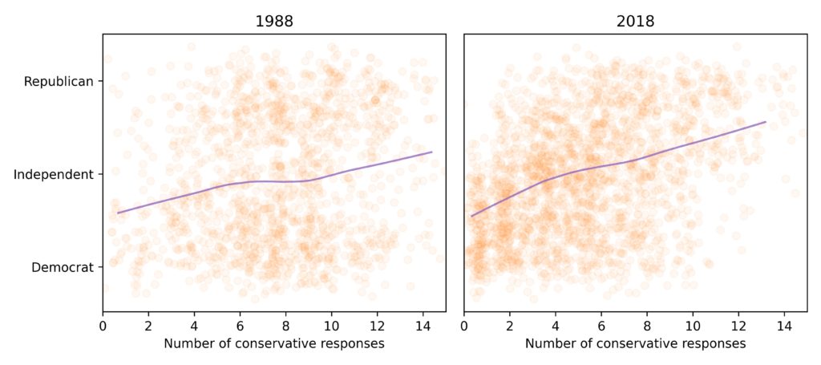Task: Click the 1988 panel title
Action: point(274,22)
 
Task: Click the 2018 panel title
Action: point(636,22)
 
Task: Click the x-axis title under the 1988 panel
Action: point(274,343)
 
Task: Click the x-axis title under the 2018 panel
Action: point(636,343)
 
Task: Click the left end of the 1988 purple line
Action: point(118,213)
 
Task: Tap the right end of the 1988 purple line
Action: point(432,152)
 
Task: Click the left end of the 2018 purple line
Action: point(471,216)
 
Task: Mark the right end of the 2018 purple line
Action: point(766,122)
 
